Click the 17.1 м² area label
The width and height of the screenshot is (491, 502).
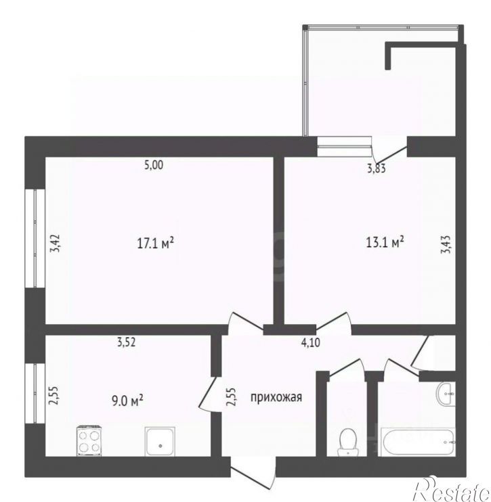156,244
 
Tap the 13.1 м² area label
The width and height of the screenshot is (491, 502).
385,242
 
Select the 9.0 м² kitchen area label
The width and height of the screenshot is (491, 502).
127,401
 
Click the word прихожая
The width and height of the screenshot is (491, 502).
276,398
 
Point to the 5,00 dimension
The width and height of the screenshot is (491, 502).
154,165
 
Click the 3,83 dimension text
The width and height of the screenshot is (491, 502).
377,168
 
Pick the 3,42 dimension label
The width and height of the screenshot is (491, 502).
55,244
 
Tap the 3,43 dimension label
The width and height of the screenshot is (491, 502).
446,245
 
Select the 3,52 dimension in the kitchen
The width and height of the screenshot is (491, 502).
126,342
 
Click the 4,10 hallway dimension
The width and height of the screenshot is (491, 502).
311,343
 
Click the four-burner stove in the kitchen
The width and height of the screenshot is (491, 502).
89,440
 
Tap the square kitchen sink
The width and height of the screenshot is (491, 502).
160,441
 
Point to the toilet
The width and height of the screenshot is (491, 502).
347,442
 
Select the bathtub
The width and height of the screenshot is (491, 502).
418,442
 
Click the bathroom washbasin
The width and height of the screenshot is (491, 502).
446,394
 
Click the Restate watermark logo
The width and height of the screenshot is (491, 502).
452,490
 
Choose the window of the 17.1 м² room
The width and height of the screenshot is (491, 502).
35,239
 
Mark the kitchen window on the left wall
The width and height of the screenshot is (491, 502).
35,393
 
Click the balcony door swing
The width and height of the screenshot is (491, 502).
389,150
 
